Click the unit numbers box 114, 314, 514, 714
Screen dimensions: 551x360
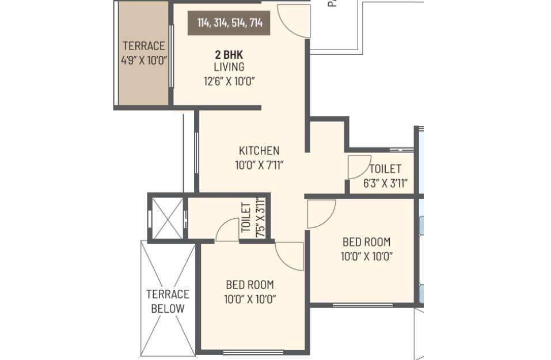(x=229, y=23)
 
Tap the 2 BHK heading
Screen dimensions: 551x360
(x=229, y=55)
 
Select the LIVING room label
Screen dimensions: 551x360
(x=229, y=67)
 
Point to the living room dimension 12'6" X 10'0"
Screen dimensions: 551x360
(x=229, y=82)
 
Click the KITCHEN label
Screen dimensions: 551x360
(x=259, y=151)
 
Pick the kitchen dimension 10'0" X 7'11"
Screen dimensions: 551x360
(x=259, y=165)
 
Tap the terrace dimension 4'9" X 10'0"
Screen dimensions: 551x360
(x=144, y=60)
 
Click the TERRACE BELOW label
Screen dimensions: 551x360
(x=168, y=301)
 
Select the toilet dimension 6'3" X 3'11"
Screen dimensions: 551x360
(x=386, y=184)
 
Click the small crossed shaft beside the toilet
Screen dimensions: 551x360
(x=168, y=218)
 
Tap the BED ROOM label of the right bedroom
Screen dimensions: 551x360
(x=367, y=242)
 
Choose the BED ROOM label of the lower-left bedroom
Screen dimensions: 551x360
(x=250, y=285)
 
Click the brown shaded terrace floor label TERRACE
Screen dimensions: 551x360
(x=144, y=46)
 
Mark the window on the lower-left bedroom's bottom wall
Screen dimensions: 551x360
(x=253, y=353)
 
